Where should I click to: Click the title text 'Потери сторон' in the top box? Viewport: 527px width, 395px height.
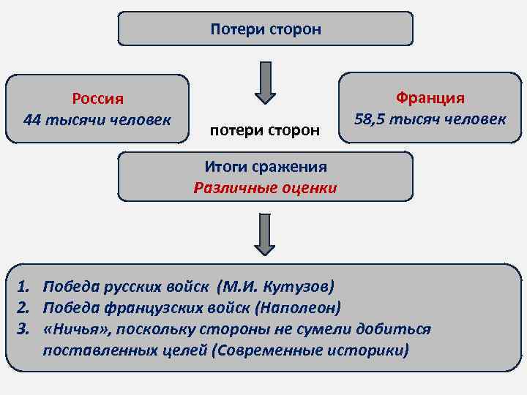pyautogui.click(x=265, y=30)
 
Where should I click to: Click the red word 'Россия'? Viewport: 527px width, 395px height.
pyautogui.click(x=97, y=99)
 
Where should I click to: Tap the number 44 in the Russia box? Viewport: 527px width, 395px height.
pyautogui.click(x=32, y=118)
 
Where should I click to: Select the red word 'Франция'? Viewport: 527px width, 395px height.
pyautogui.click(x=430, y=98)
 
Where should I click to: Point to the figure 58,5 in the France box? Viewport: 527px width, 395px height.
pyautogui.click(x=370, y=118)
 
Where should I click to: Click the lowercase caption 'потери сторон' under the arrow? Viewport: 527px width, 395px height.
pyautogui.click(x=265, y=130)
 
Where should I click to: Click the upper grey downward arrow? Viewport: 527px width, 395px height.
pyautogui.click(x=265, y=82)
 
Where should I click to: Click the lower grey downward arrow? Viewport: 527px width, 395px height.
pyautogui.click(x=265, y=233)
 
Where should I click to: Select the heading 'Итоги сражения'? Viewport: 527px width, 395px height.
pyautogui.click(x=265, y=168)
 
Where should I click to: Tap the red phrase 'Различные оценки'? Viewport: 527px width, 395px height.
pyautogui.click(x=265, y=188)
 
